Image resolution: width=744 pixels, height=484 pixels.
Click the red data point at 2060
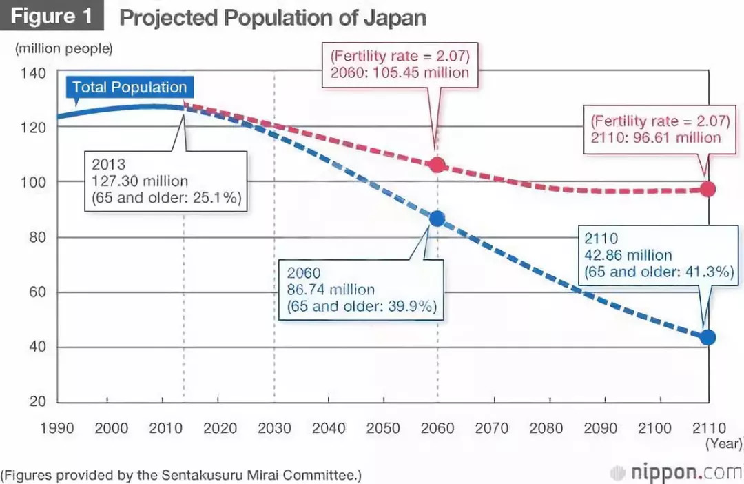pyautogui.click(x=437, y=165)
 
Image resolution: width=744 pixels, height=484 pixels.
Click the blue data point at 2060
pyautogui.click(x=437, y=219)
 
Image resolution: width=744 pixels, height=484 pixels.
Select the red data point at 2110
pyautogui.click(x=707, y=189)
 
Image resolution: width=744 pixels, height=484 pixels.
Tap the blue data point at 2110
pyautogui.click(x=707, y=337)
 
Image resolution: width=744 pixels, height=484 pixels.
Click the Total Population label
pyautogui.click(x=130, y=88)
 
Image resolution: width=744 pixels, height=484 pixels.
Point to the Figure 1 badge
pyautogui.click(x=52, y=16)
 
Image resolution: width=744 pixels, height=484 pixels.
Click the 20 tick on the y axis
pyautogui.click(x=37, y=402)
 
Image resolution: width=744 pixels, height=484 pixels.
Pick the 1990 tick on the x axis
pyautogui.click(x=57, y=428)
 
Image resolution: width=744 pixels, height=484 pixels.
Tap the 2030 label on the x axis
pyautogui.click(x=274, y=428)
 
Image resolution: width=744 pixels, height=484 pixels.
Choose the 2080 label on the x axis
pyautogui.click(x=546, y=428)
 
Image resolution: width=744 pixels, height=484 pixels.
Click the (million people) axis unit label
pyautogui.click(x=63, y=49)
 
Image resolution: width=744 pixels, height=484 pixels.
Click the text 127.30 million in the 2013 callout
pyautogui.click(x=139, y=181)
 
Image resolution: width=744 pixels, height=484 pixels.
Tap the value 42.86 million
pyautogui.click(x=628, y=255)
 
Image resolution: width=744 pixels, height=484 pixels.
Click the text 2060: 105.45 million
pyautogui.click(x=400, y=72)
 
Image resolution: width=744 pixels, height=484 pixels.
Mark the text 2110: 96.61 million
pyautogui.click(x=656, y=137)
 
